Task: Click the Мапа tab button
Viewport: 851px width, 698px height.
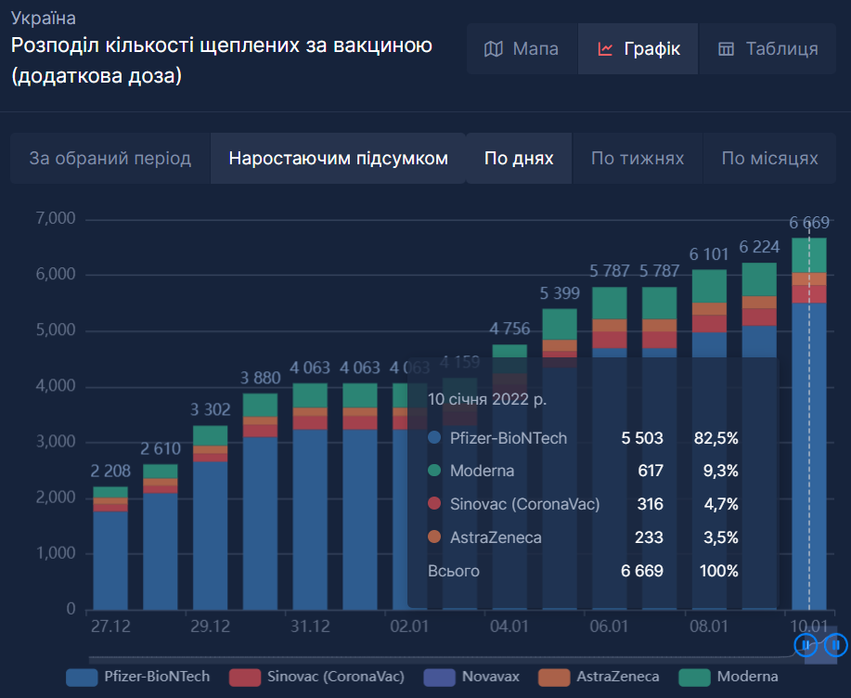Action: (522, 49)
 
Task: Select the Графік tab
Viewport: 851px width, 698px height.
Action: (638, 49)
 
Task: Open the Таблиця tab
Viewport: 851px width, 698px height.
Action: (768, 49)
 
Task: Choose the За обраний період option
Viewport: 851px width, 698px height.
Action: (110, 159)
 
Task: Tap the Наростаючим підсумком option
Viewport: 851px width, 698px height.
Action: (338, 159)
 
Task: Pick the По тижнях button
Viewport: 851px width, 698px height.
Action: (638, 159)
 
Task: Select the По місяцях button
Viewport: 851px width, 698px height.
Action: (769, 159)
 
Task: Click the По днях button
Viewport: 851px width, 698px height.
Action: (519, 159)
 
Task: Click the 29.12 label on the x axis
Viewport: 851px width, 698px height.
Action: (210, 627)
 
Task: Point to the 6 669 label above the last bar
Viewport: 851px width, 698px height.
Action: (808, 222)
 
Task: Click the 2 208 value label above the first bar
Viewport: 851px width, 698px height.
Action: (110, 472)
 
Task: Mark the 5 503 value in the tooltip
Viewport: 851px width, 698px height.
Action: (642, 437)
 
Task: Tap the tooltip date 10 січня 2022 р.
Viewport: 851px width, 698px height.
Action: (486, 399)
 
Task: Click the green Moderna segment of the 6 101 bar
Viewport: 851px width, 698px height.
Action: (709, 286)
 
